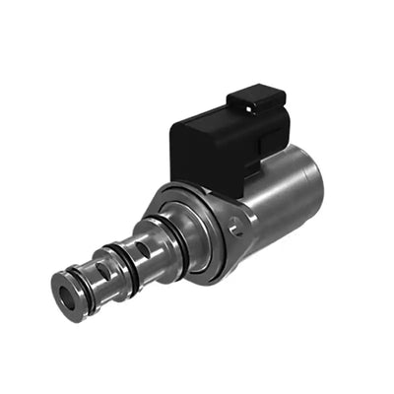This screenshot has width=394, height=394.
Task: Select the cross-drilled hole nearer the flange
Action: (144, 250)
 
